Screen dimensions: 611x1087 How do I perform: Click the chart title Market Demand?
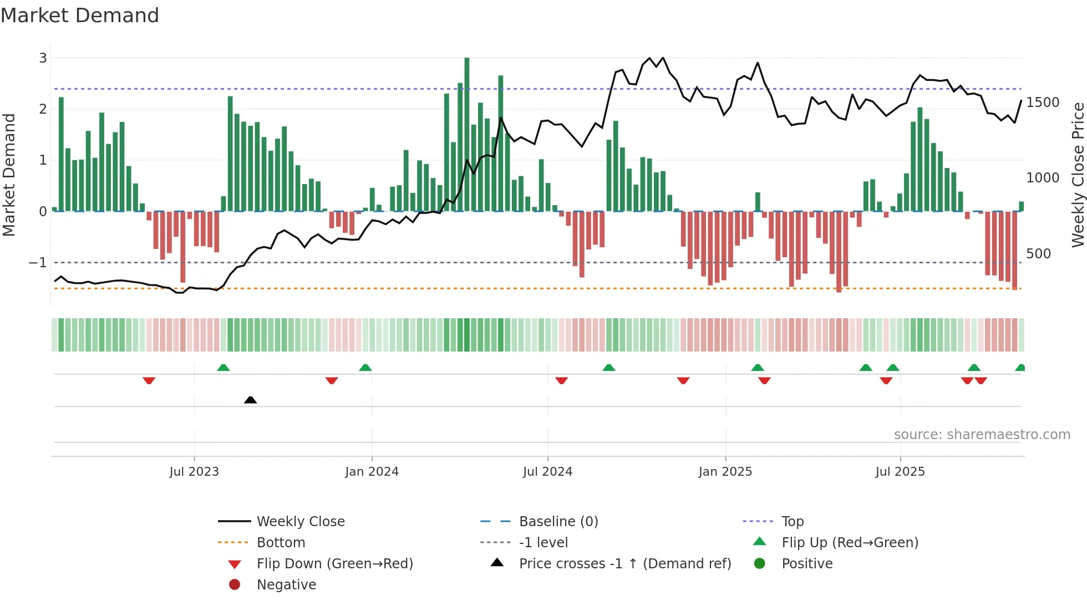[x=80, y=15]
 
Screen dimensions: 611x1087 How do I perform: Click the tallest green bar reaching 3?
[x=466, y=133]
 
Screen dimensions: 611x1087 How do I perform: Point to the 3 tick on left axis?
[x=43, y=58]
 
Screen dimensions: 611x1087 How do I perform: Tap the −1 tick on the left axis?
[x=38, y=262]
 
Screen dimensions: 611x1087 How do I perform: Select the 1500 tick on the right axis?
[x=1043, y=103]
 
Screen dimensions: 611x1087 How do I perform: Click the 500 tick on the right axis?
[x=1038, y=254]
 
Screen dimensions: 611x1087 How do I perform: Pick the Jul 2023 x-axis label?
[x=194, y=472]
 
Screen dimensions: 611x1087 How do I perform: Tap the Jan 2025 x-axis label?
[x=725, y=472]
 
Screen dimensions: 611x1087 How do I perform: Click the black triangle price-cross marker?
[x=250, y=400]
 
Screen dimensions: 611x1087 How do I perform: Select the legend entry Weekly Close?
[x=300, y=522]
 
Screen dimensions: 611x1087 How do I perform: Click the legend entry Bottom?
[x=281, y=543]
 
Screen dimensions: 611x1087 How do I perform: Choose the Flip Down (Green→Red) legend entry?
[x=334, y=564]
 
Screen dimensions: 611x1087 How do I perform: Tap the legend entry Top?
[x=792, y=522]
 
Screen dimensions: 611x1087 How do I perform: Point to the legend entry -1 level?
[x=543, y=543]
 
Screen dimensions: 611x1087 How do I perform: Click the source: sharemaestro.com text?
[x=982, y=435]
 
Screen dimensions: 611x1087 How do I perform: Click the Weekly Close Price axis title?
[x=1078, y=175]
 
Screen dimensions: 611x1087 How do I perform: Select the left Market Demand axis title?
[x=9, y=175]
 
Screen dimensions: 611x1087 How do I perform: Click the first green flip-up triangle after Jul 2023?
[x=223, y=368]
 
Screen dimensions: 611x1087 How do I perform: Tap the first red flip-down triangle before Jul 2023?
[x=149, y=380]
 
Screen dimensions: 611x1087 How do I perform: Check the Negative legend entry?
[x=286, y=585]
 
